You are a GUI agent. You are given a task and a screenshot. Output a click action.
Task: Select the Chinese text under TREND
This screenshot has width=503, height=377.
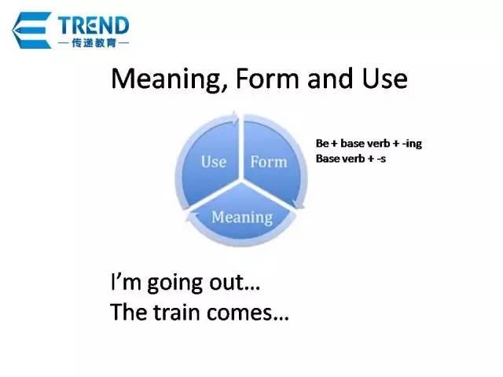tap(94, 42)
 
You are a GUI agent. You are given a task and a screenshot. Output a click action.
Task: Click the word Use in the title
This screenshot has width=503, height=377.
tap(384, 79)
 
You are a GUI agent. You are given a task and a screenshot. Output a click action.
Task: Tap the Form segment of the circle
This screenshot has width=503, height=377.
tap(269, 162)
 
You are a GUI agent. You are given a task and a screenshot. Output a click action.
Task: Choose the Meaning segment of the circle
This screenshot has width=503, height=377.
tap(242, 215)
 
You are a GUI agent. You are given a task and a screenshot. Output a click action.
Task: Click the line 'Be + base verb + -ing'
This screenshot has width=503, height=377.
tap(368, 144)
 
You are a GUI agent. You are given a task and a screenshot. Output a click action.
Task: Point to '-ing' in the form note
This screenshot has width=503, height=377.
tap(410, 144)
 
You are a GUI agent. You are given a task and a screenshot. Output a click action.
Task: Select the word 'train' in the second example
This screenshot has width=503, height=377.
tap(179, 313)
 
